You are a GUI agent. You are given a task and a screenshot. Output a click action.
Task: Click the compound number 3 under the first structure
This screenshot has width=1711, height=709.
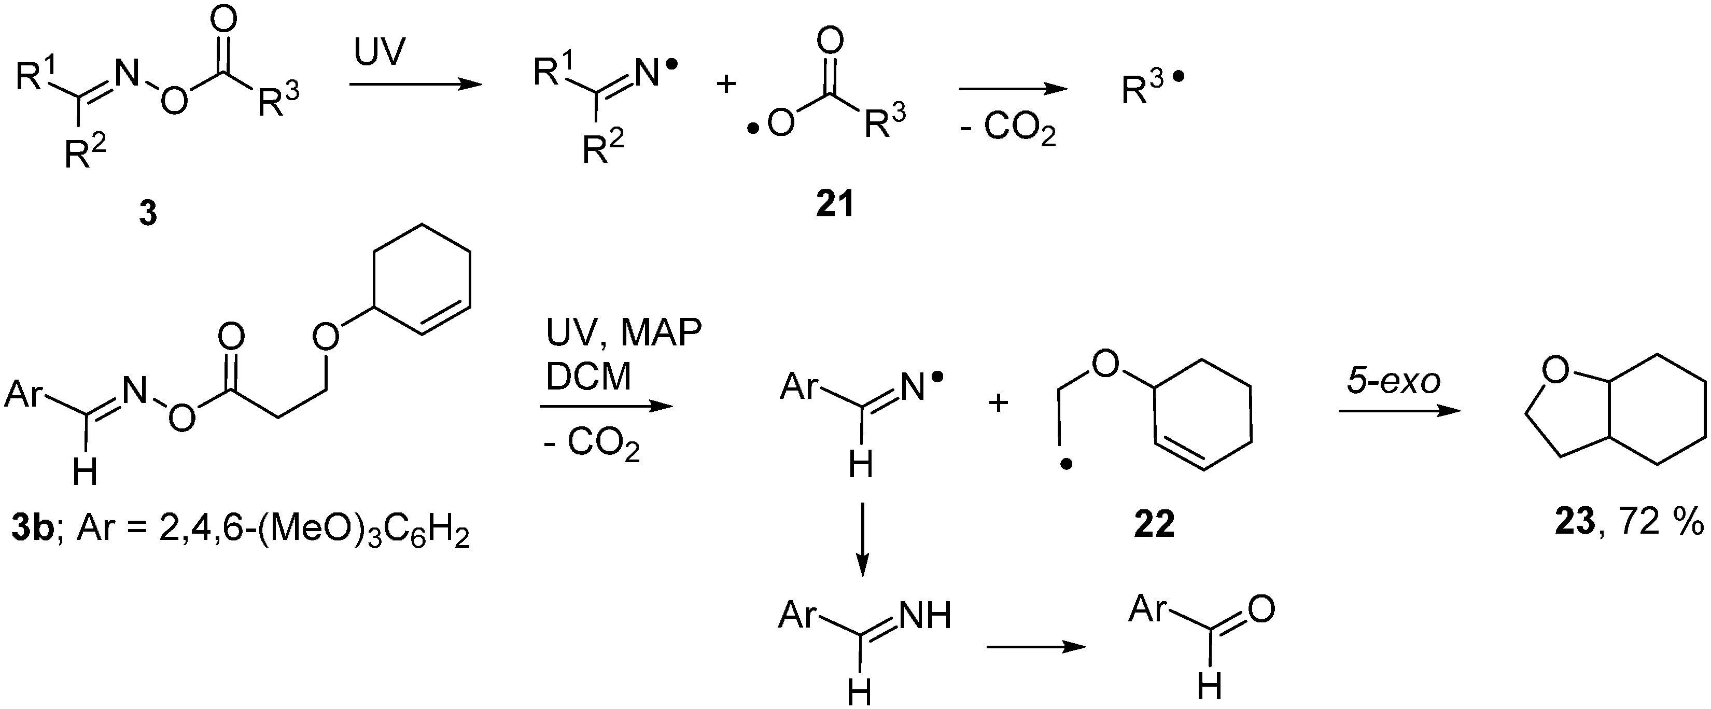(x=147, y=214)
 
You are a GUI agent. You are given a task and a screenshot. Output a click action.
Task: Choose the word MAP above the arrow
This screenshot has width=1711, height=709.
(x=661, y=333)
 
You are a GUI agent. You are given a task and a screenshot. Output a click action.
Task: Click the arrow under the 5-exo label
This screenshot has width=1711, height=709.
(x=1399, y=411)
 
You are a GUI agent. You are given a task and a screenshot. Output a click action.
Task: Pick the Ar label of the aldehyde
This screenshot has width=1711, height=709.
(x=1148, y=609)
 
